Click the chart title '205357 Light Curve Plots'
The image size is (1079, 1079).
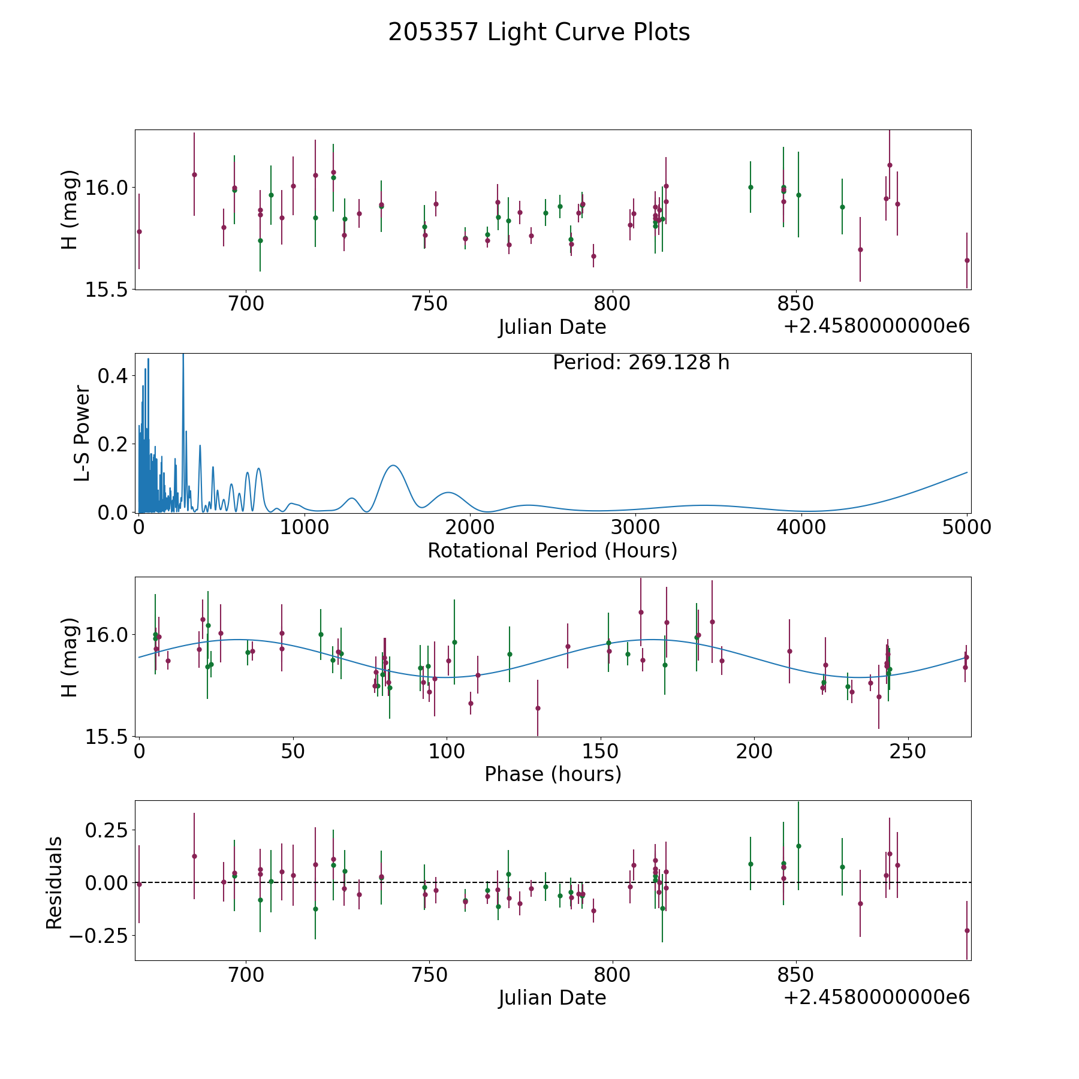pos(539,32)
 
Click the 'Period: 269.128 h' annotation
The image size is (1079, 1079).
pos(641,363)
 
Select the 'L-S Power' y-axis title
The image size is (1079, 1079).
pos(82,433)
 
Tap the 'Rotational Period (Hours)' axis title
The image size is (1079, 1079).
pos(552,550)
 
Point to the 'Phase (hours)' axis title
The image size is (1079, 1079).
pos(553,774)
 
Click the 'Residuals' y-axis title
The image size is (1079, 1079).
pos(54,882)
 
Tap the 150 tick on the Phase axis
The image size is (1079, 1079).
pos(601,751)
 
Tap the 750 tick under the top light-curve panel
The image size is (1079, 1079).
pos(429,304)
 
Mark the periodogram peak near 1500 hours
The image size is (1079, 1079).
pos(393,465)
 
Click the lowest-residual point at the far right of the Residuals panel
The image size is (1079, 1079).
pos(966,930)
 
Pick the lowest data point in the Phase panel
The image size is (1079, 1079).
pos(538,708)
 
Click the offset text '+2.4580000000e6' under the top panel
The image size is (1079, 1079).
pos(876,326)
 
